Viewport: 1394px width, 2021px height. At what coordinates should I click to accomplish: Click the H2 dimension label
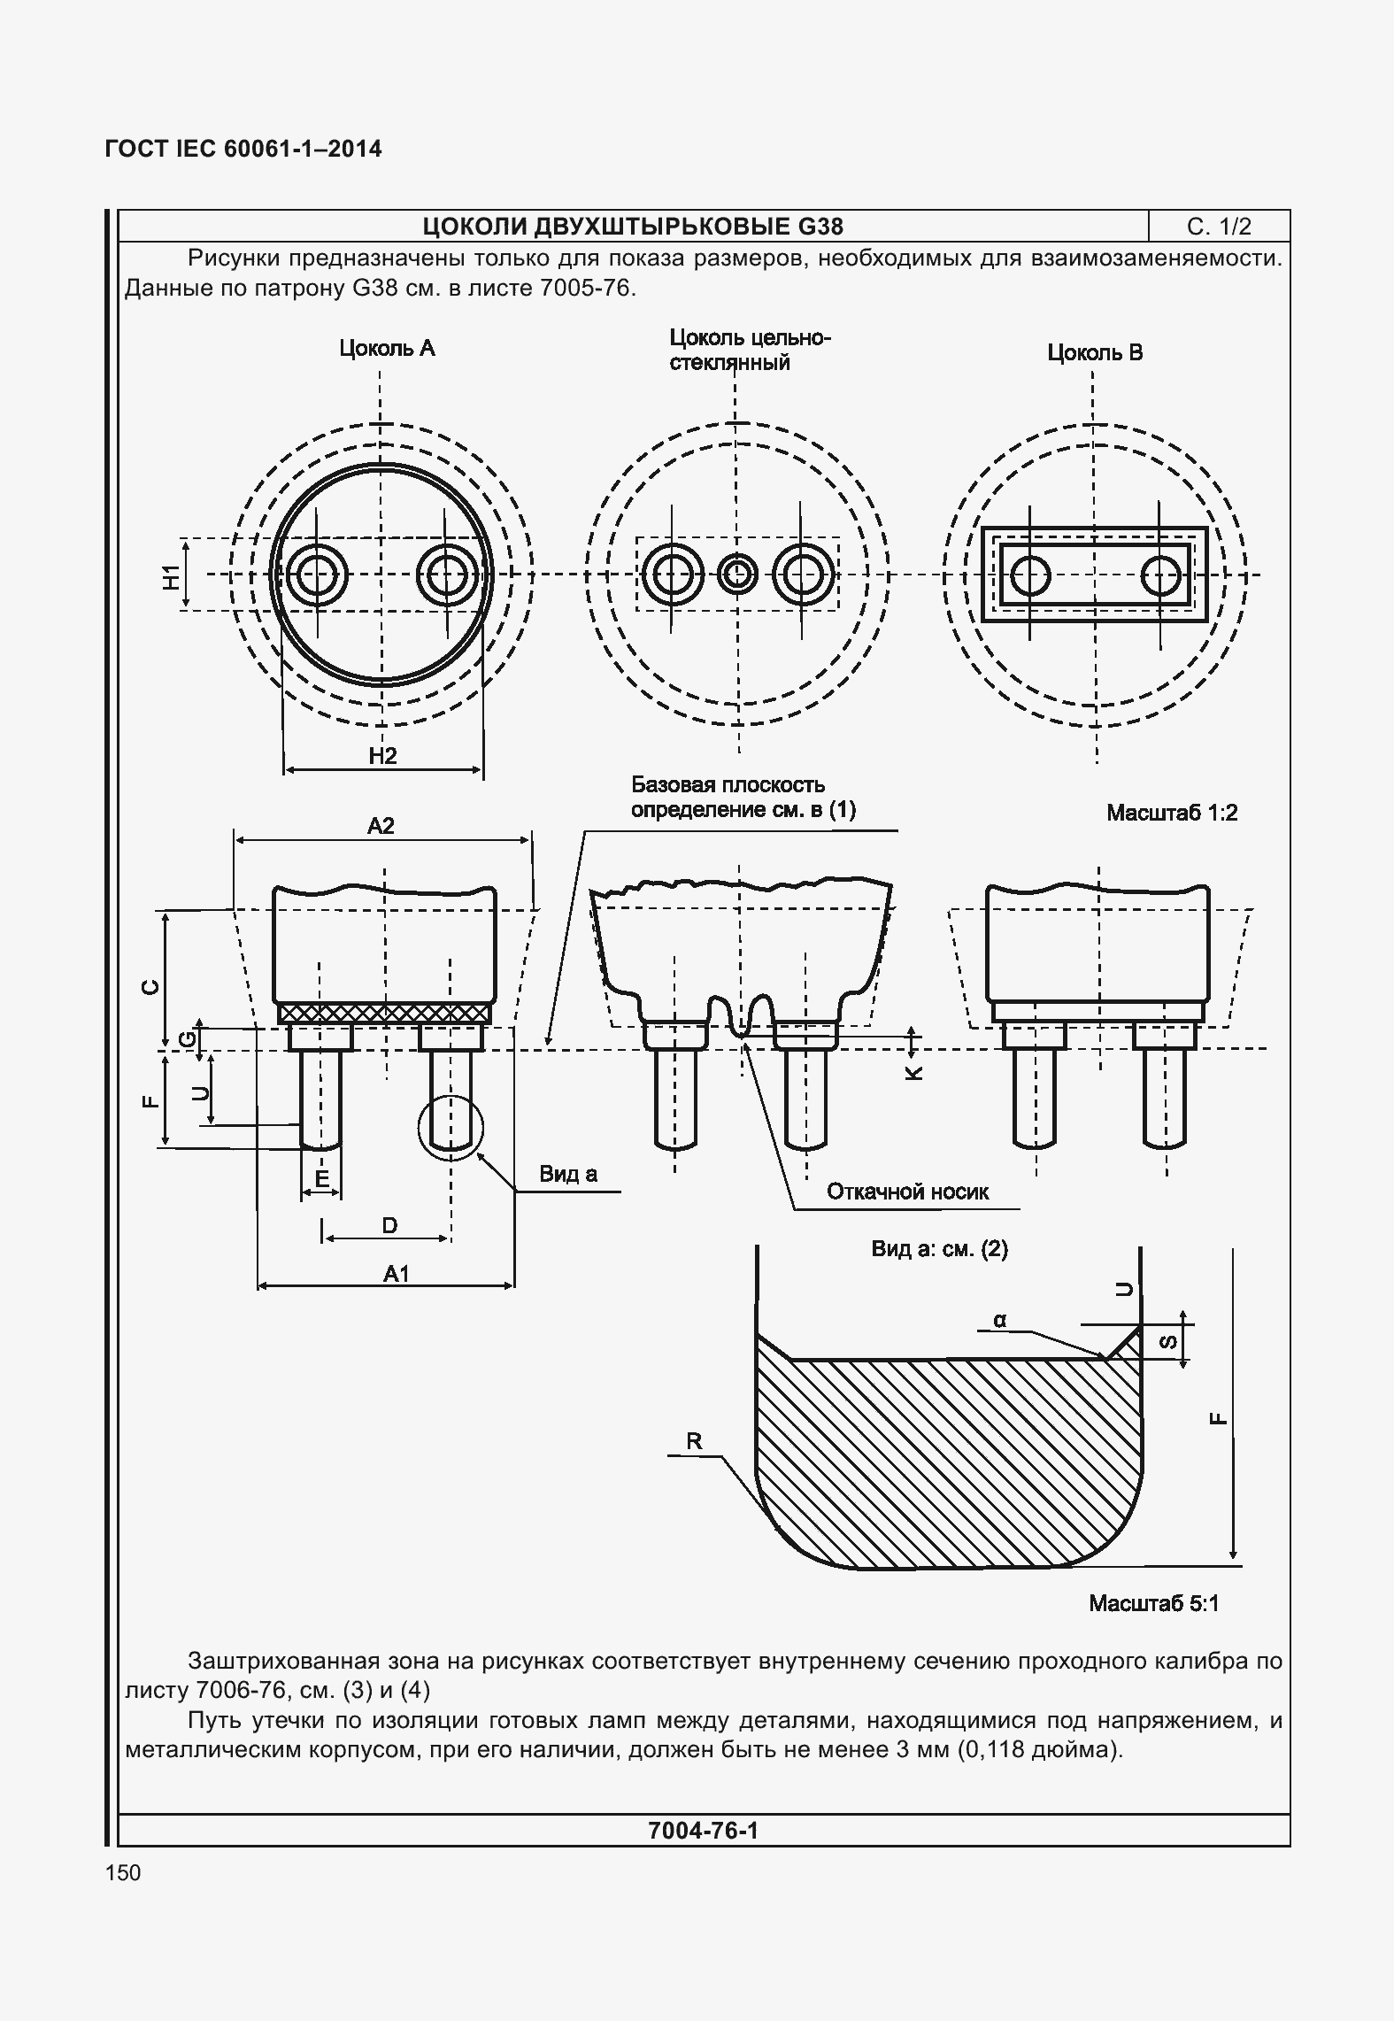(x=382, y=755)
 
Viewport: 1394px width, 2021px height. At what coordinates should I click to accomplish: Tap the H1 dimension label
(x=171, y=577)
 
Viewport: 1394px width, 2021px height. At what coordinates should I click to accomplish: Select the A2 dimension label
(x=381, y=826)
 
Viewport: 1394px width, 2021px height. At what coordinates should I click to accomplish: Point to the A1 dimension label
(x=396, y=1274)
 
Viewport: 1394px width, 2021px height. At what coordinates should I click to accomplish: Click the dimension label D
(x=389, y=1225)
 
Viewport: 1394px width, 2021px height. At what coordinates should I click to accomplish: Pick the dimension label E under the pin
(x=322, y=1178)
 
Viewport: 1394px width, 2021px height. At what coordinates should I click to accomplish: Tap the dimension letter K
(x=913, y=1072)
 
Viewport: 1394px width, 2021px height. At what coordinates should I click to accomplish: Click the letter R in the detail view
(x=694, y=1440)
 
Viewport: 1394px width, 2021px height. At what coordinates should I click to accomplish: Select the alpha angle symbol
(x=999, y=1320)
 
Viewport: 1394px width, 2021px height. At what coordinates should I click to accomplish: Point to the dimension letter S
(x=1167, y=1342)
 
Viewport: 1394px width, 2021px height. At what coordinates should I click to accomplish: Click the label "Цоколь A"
(x=387, y=349)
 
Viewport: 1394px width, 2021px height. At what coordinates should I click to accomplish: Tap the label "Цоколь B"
(x=1095, y=353)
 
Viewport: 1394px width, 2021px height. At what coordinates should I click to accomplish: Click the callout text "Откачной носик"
(x=907, y=1192)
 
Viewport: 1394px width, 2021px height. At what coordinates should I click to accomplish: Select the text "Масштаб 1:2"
(x=1171, y=813)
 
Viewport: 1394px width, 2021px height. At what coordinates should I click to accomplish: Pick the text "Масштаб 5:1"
(x=1153, y=1603)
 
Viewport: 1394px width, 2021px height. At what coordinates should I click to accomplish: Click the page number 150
(x=123, y=1872)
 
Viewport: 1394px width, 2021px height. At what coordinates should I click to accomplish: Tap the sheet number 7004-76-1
(x=703, y=1830)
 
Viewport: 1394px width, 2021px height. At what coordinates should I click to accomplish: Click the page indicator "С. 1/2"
(x=1219, y=227)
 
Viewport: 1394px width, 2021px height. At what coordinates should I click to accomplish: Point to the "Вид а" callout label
(x=568, y=1174)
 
